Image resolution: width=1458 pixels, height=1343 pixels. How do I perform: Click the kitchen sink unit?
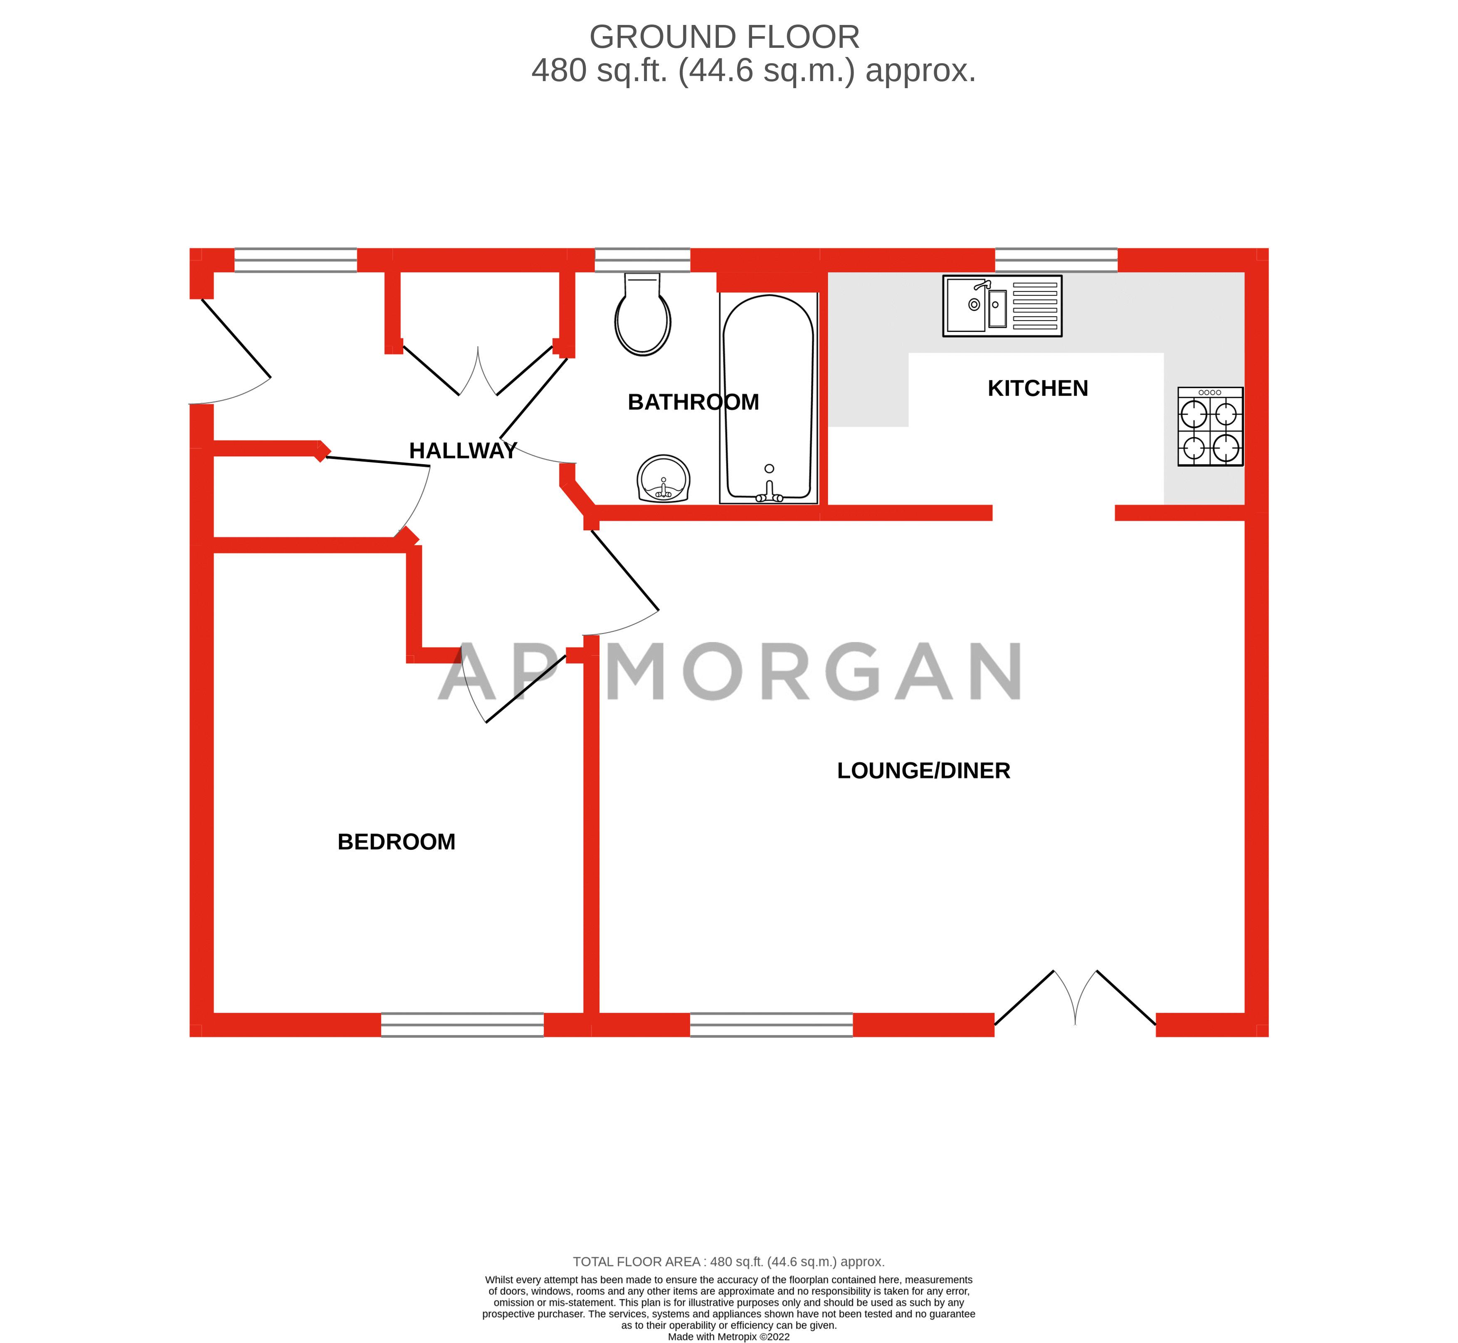pyautogui.click(x=1002, y=306)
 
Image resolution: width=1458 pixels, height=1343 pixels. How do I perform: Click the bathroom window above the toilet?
pyautogui.click(x=642, y=260)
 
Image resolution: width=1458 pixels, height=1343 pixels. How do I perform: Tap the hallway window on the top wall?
pyautogui.click(x=296, y=260)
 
